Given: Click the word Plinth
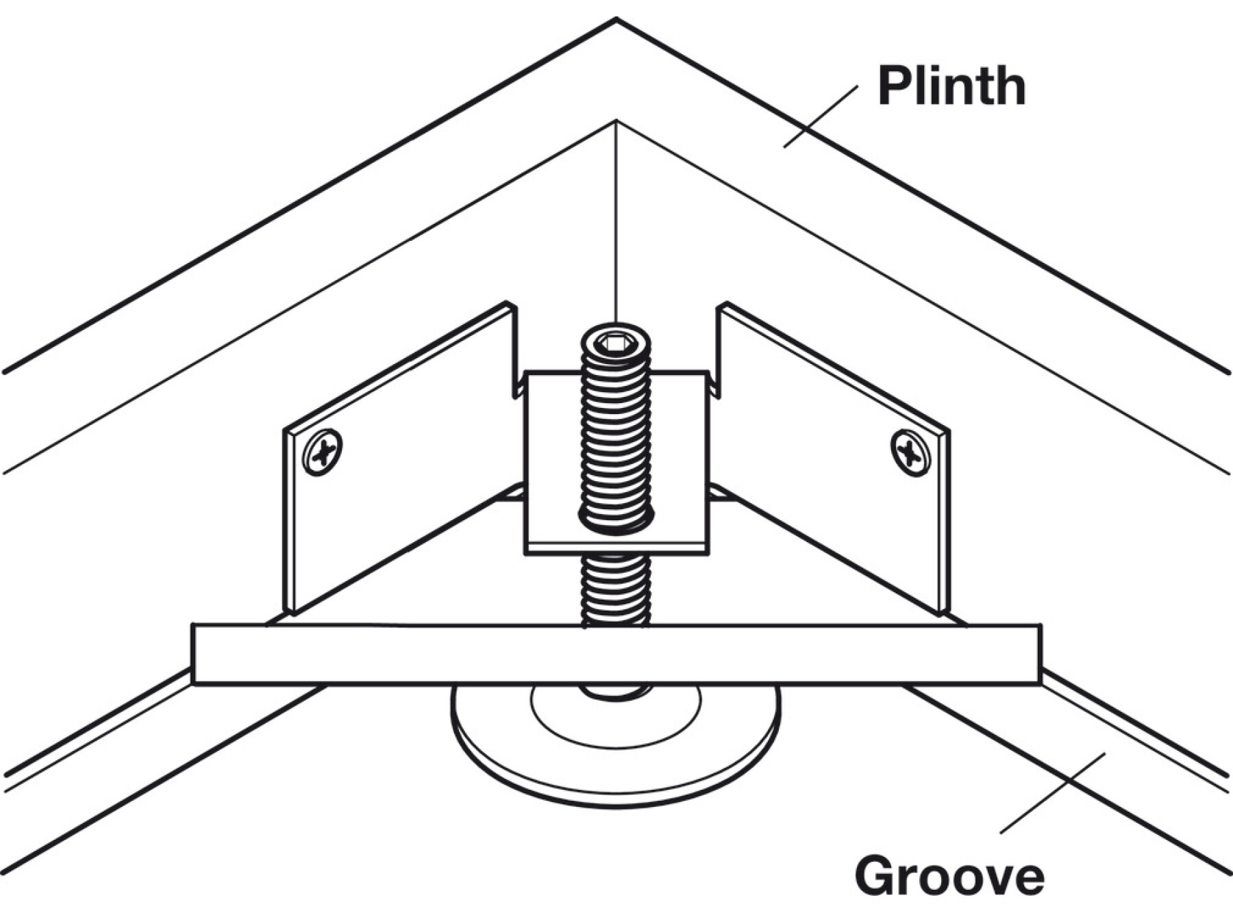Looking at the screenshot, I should pos(951,86).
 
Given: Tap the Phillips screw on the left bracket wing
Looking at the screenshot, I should pos(322,452).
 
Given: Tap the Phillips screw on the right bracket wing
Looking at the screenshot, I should pos(910,452).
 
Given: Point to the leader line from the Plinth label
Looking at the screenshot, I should pos(821,116).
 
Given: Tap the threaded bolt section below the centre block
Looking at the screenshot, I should pos(615,589).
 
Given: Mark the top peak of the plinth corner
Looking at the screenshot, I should pos(616,21).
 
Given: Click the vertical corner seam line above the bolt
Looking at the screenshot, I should pos(616,219).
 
